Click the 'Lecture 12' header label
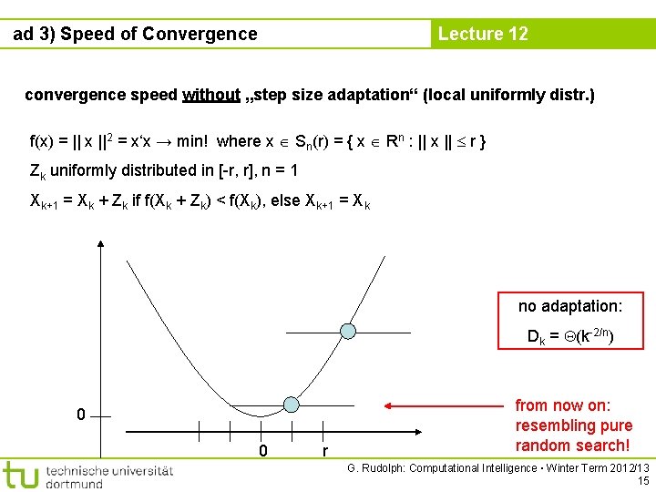[x=483, y=34]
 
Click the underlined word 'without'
[x=211, y=95]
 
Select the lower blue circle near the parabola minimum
[x=291, y=404]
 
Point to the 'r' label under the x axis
[x=324, y=450]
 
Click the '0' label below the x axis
[x=261, y=450]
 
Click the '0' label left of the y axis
[x=81, y=415]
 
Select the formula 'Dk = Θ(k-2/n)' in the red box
[x=570, y=336]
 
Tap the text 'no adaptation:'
[x=570, y=306]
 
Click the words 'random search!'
[x=572, y=445]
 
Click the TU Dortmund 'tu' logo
[x=20, y=475]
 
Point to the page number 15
[x=643, y=480]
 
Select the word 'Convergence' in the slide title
[x=200, y=34]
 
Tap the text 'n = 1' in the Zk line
[x=280, y=170]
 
